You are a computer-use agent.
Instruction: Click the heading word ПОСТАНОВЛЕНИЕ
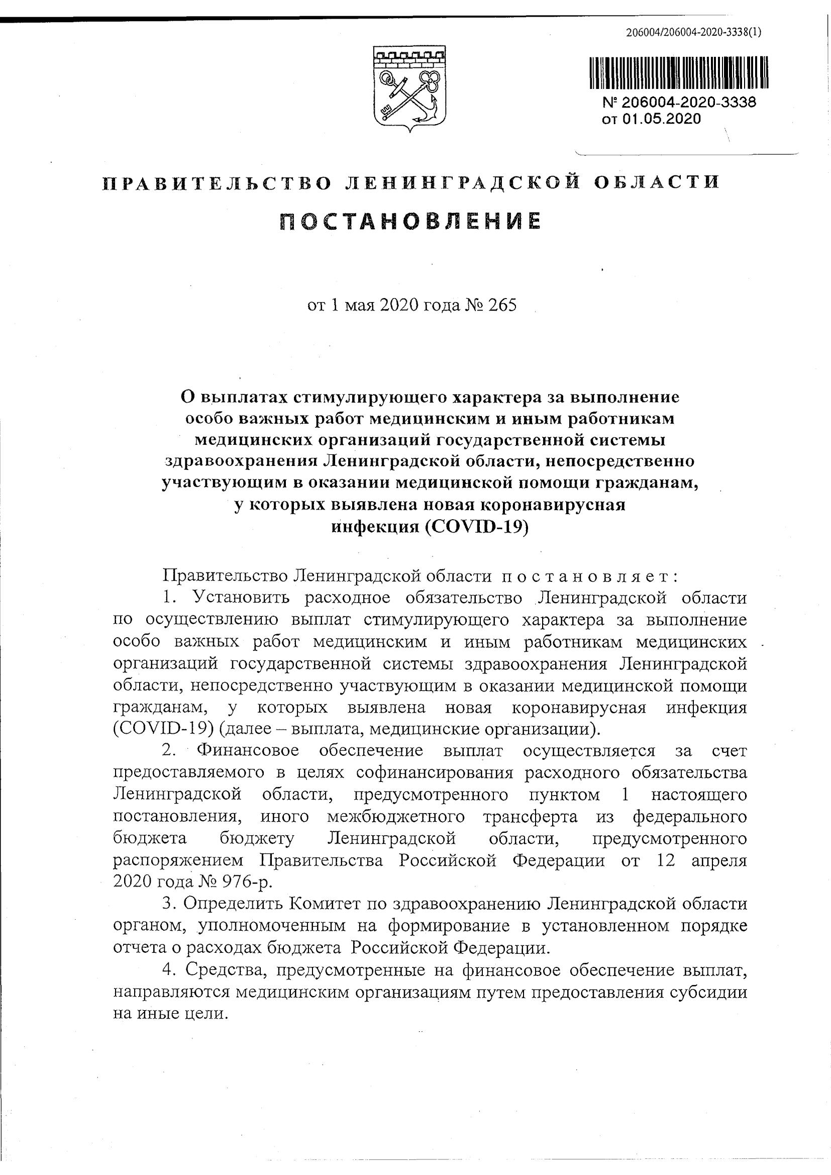[x=410, y=221]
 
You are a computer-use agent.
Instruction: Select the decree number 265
[x=503, y=305]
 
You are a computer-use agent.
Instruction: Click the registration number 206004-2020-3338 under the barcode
[x=689, y=103]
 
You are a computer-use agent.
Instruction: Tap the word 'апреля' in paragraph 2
[x=719, y=860]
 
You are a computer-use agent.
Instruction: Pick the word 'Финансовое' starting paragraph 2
[x=248, y=751]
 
